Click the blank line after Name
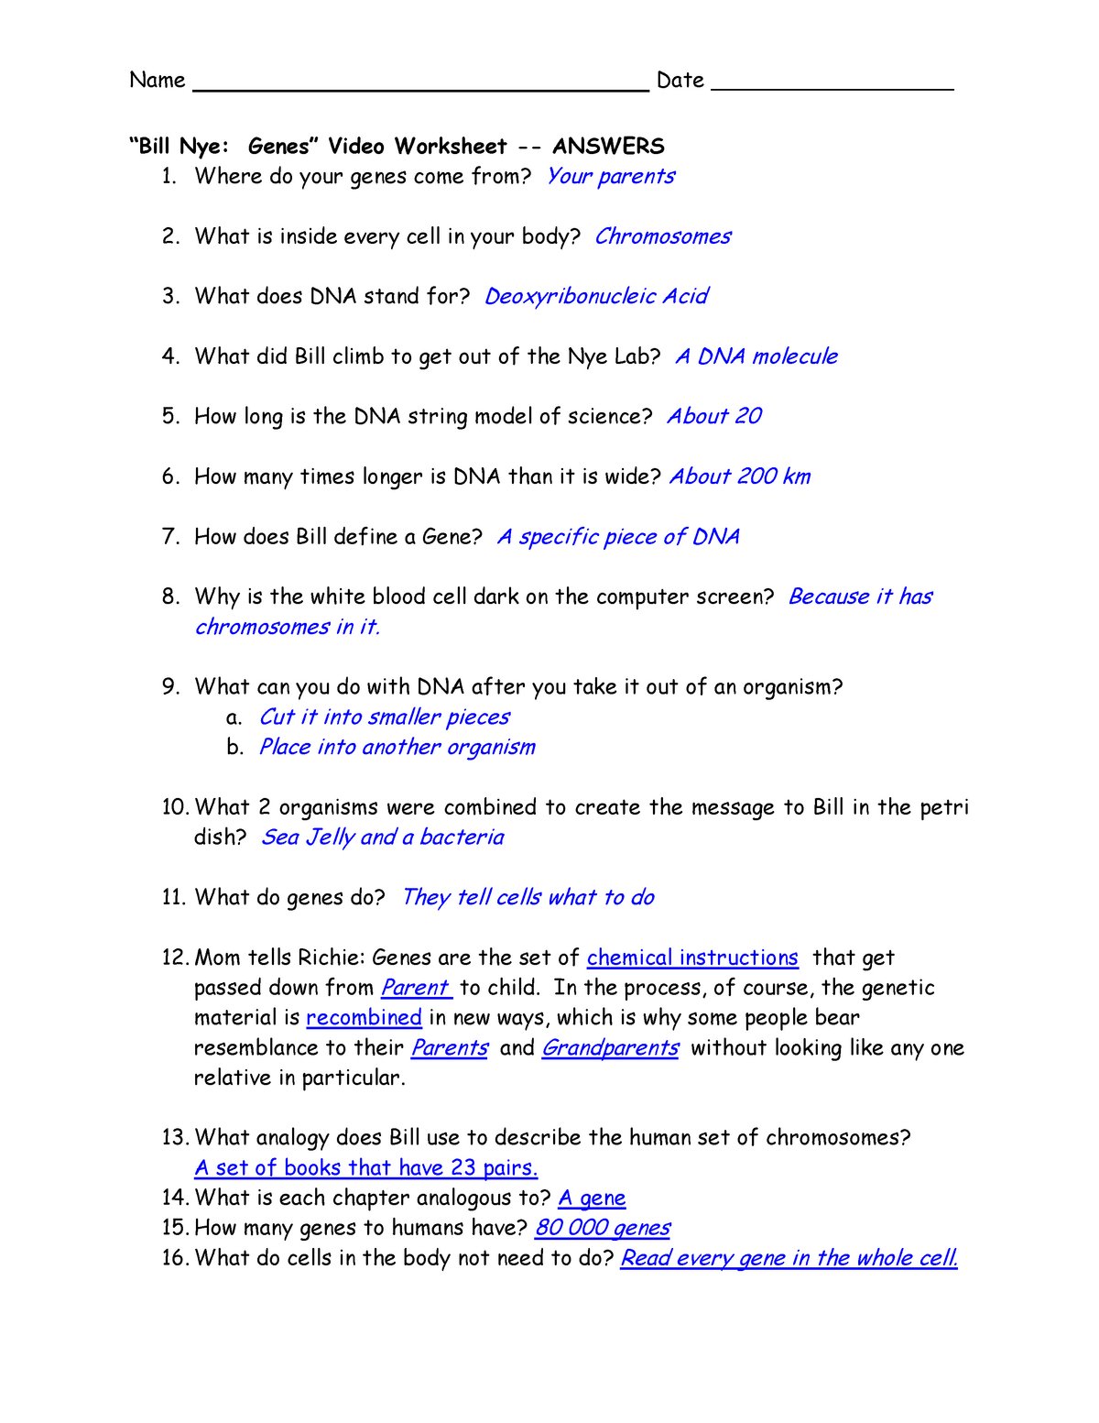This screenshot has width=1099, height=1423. coord(420,88)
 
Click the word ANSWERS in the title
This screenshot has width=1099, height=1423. coord(608,147)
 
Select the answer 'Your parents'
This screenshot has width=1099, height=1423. coord(610,176)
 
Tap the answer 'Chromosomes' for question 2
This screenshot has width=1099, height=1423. coord(662,236)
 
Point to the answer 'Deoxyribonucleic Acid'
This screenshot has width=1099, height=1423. coord(595,297)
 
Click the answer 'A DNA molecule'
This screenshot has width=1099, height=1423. coord(756,356)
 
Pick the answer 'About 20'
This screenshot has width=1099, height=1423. coord(713,417)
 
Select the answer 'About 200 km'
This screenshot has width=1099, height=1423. coord(739,476)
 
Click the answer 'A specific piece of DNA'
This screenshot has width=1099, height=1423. coord(617,537)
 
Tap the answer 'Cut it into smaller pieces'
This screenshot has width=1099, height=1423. coord(384,717)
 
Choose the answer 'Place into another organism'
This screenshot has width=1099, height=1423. coord(397,748)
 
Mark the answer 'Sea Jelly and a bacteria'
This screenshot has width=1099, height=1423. coord(382,837)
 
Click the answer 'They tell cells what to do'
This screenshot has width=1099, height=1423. coord(528,898)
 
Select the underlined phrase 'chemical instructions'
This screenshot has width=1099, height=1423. coord(692,958)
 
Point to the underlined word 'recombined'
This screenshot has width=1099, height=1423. coord(364,1018)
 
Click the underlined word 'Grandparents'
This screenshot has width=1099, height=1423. coord(610,1048)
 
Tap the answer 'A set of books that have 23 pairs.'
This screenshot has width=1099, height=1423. coord(365,1168)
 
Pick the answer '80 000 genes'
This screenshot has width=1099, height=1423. coord(603,1228)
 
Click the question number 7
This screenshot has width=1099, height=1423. coord(170,537)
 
